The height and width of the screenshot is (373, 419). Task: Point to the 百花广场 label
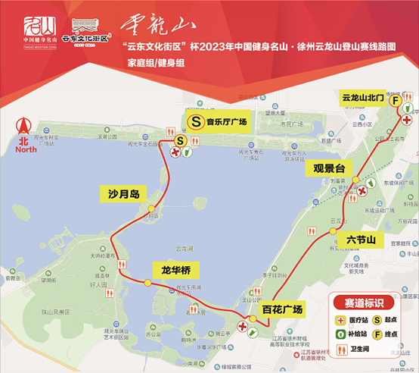(281, 309)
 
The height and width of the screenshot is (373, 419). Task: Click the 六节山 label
(361, 240)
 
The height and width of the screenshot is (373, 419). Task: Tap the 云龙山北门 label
(363, 99)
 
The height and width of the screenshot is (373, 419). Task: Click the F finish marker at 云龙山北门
(396, 101)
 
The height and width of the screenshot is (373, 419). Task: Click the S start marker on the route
(181, 140)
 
